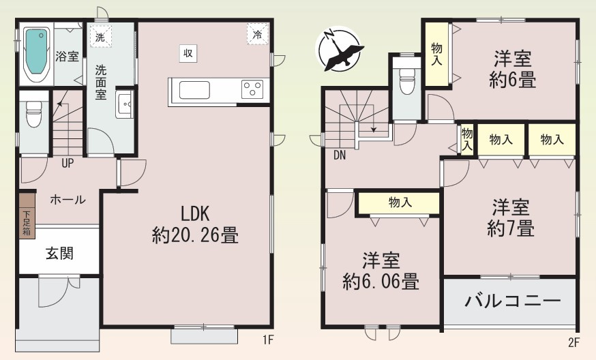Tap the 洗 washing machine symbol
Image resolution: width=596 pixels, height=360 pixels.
100,36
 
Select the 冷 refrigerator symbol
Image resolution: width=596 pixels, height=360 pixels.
258,34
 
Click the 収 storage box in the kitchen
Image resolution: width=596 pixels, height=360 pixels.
187,52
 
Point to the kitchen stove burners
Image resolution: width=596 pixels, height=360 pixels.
252,89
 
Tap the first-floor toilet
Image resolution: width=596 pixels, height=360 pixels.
33,114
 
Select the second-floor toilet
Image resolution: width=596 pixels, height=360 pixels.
407,80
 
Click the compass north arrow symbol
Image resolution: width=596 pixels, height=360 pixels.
339,49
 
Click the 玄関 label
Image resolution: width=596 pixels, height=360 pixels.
60,254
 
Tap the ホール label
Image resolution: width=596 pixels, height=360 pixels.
67,200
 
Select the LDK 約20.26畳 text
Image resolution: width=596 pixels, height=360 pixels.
194,224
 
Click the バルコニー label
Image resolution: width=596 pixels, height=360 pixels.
512,301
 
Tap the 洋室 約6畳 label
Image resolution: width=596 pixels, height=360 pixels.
512,69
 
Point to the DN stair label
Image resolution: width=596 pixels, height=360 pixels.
340,155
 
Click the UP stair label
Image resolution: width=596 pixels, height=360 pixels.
68,163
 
